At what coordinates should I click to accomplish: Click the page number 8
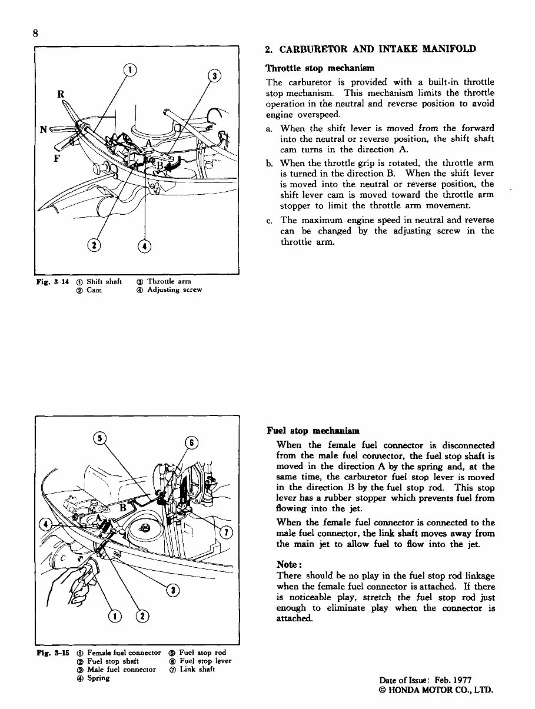36,34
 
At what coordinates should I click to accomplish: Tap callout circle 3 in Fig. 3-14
215,76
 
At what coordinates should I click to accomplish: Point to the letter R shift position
61,94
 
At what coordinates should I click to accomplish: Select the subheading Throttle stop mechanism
320,68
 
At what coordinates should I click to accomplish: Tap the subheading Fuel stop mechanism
313,431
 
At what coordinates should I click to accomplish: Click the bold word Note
289,564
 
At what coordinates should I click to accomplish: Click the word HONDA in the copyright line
407,690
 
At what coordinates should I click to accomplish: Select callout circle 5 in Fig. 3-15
102,438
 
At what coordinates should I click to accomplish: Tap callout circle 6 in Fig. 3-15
192,443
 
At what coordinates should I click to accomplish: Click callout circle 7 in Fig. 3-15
224,532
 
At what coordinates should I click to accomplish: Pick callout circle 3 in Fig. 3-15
172,590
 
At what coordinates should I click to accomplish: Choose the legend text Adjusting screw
174,289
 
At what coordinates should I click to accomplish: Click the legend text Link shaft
197,670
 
